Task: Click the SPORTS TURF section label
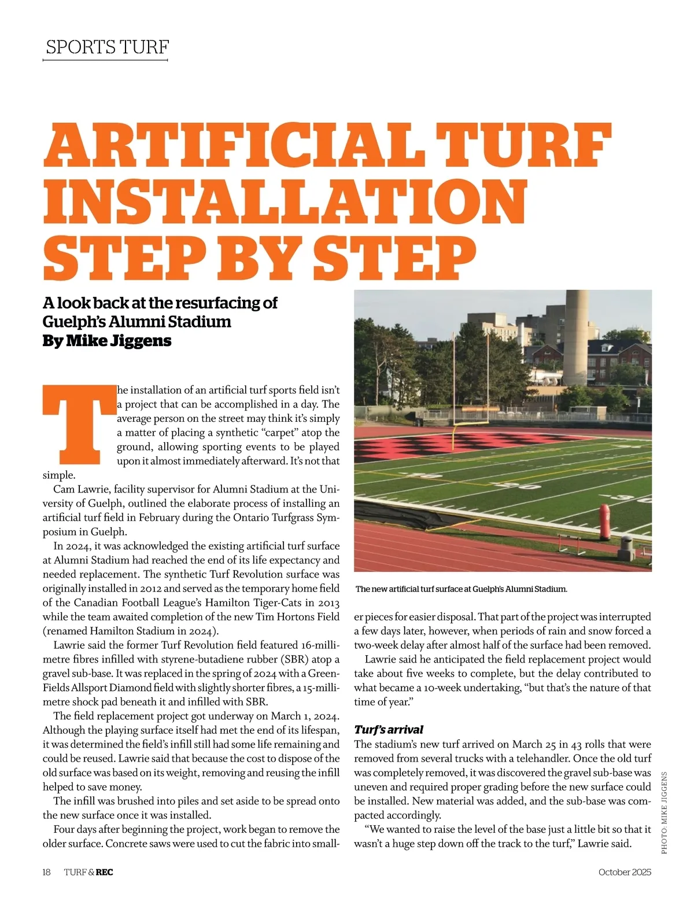click(x=107, y=47)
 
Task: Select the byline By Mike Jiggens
click(x=107, y=340)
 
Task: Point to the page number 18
click(x=47, y=872)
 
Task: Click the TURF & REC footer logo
click(x=88, y=872)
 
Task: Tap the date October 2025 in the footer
click(x=625, y=872)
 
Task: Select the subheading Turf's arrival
click(x=389, y=729)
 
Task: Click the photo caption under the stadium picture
click(x=461, y=589)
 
